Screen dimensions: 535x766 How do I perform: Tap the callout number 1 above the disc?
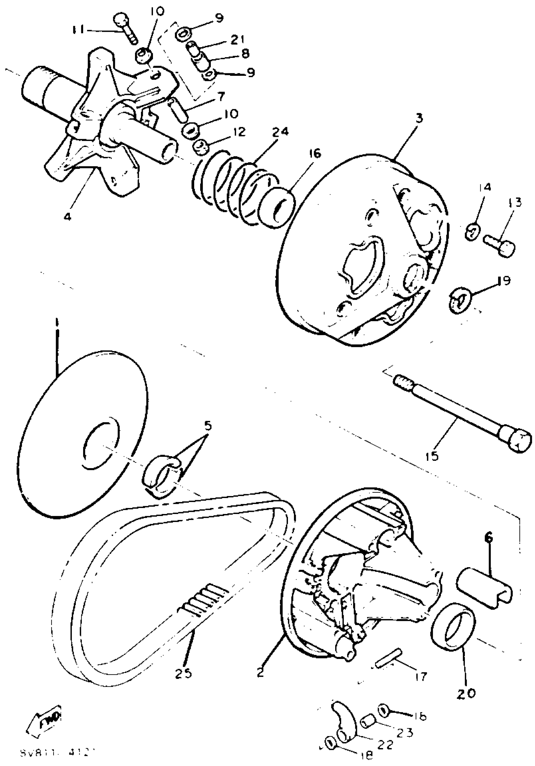tap(57, 322)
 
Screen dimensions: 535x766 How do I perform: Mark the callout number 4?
tap(68, 216)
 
